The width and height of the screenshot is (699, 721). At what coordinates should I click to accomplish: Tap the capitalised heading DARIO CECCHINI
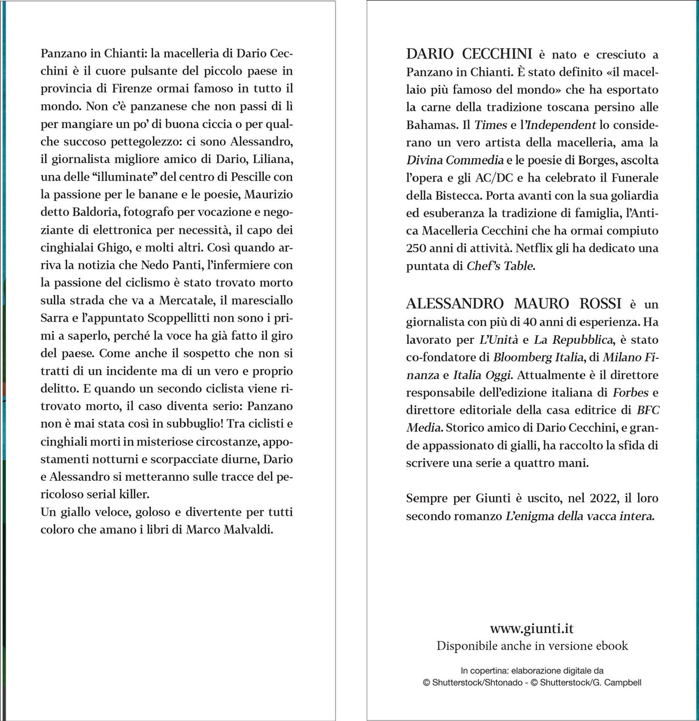[x=469, y=54]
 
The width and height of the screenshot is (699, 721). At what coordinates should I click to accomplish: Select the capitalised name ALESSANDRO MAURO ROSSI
[x=514, y=303]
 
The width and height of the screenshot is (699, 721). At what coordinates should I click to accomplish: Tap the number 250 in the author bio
[x=416, y=248]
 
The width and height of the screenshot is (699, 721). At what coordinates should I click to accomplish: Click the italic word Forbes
[x=630, y=392]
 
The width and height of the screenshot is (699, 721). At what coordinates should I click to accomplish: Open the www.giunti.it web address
[x=532, y=629]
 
